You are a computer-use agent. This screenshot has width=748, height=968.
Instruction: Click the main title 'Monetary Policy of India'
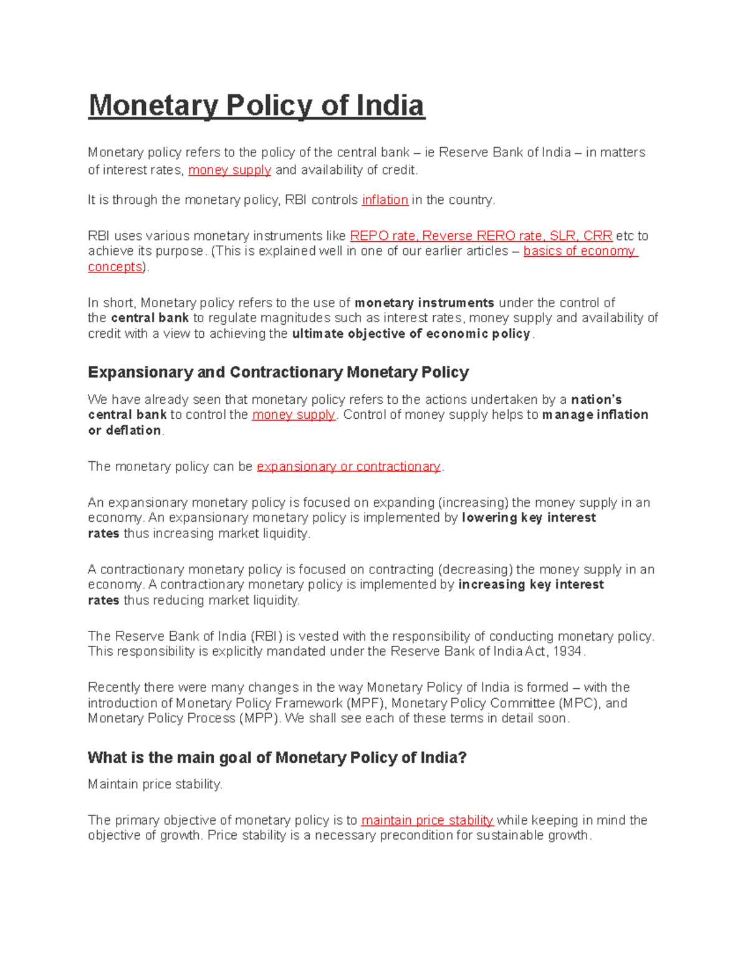point(256,105)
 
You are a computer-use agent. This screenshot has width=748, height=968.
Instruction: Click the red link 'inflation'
point(385,200)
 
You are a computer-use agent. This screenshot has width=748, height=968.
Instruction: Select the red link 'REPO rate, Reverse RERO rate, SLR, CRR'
point(481,236)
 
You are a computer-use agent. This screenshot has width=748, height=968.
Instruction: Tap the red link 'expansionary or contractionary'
point(348,466)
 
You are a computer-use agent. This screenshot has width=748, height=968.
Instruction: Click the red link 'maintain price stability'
point(427,820)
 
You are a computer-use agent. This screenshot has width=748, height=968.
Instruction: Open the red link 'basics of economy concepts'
point(578,251)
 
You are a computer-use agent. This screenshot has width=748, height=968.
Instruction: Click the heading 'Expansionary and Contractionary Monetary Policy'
point(278,372)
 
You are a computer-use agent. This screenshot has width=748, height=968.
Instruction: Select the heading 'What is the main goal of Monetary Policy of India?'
point(277,757)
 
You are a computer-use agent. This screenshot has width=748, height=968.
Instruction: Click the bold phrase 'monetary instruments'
point(424,303)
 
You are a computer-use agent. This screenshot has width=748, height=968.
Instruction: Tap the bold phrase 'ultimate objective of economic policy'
point(411,333)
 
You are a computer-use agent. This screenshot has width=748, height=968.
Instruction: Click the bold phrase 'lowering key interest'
point(529,518)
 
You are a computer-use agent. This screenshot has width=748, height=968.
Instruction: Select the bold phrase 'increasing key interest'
point(530,585)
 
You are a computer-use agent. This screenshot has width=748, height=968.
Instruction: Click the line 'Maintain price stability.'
point(155,784)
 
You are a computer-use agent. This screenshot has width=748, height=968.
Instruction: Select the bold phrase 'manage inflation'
point(595,415)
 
